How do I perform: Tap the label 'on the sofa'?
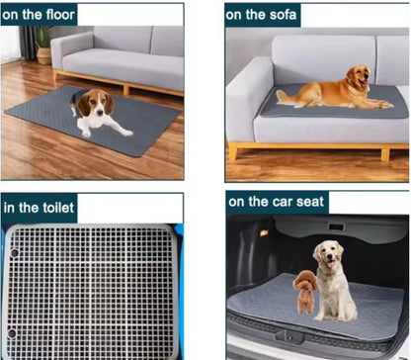pos(262,14)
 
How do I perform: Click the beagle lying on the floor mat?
pos(95,111)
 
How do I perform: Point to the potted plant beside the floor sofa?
pos(43,44)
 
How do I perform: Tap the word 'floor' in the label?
pos(57,14)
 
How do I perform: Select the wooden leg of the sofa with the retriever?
pos(233,151)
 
